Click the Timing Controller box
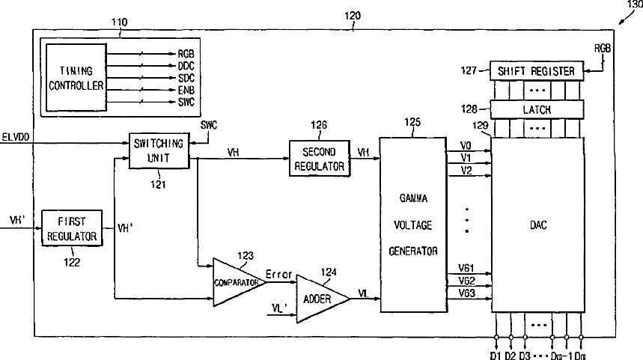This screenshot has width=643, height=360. (x=76, y=78)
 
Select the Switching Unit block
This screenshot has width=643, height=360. (x=159, y=150)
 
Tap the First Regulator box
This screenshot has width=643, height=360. (x=72, y=228)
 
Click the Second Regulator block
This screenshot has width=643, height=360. (x=320, y=159)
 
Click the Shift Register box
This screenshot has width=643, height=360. (x=537, y=71)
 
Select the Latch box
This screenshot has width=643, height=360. (x=537, y=109)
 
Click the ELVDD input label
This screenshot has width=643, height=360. (x=16, y=137)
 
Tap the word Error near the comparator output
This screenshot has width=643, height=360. (x=279, y=274)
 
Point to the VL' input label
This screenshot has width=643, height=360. (x=280, y=308)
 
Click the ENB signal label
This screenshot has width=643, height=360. (x=186, y=91)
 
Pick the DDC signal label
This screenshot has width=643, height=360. (x=186, y=66)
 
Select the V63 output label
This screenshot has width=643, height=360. (x=466, y=293)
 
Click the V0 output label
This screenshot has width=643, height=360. (x=466, y=145)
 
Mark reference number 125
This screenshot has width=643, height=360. (x=412, y=122)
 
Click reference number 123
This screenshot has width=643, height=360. (x=246, y=255)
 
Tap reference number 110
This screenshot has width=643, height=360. (x=119, y=22)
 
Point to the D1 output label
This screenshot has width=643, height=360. (x=496, y=356)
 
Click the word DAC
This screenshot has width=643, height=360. (x=538, y=225)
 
